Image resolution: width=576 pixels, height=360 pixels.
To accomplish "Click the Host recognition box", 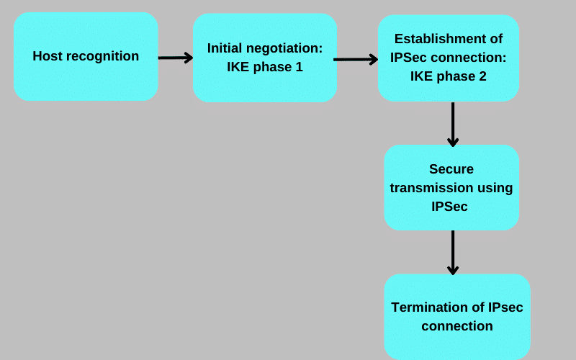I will [86, 56].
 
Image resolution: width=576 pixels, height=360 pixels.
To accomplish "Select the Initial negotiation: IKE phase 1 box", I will [264, 58].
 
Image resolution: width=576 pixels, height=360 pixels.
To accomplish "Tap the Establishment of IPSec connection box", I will [448, 58].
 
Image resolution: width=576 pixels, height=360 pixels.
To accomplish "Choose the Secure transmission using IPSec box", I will [451, 187].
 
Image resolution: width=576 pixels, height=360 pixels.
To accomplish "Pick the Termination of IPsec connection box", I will [457, 317].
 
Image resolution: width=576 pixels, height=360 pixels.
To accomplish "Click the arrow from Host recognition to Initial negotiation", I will [175, 58].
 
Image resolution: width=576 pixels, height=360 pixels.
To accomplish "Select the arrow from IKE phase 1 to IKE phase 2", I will [356, 59].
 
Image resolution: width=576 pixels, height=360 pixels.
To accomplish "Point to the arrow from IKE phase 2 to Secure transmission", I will [453, 124].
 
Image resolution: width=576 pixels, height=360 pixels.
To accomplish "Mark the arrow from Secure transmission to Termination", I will [453, 252].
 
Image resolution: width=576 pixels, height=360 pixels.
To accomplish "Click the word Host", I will [48, 56].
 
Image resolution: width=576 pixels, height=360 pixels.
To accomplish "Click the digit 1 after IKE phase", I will [299, 67].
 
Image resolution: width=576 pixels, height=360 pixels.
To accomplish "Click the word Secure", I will [451, 169].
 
